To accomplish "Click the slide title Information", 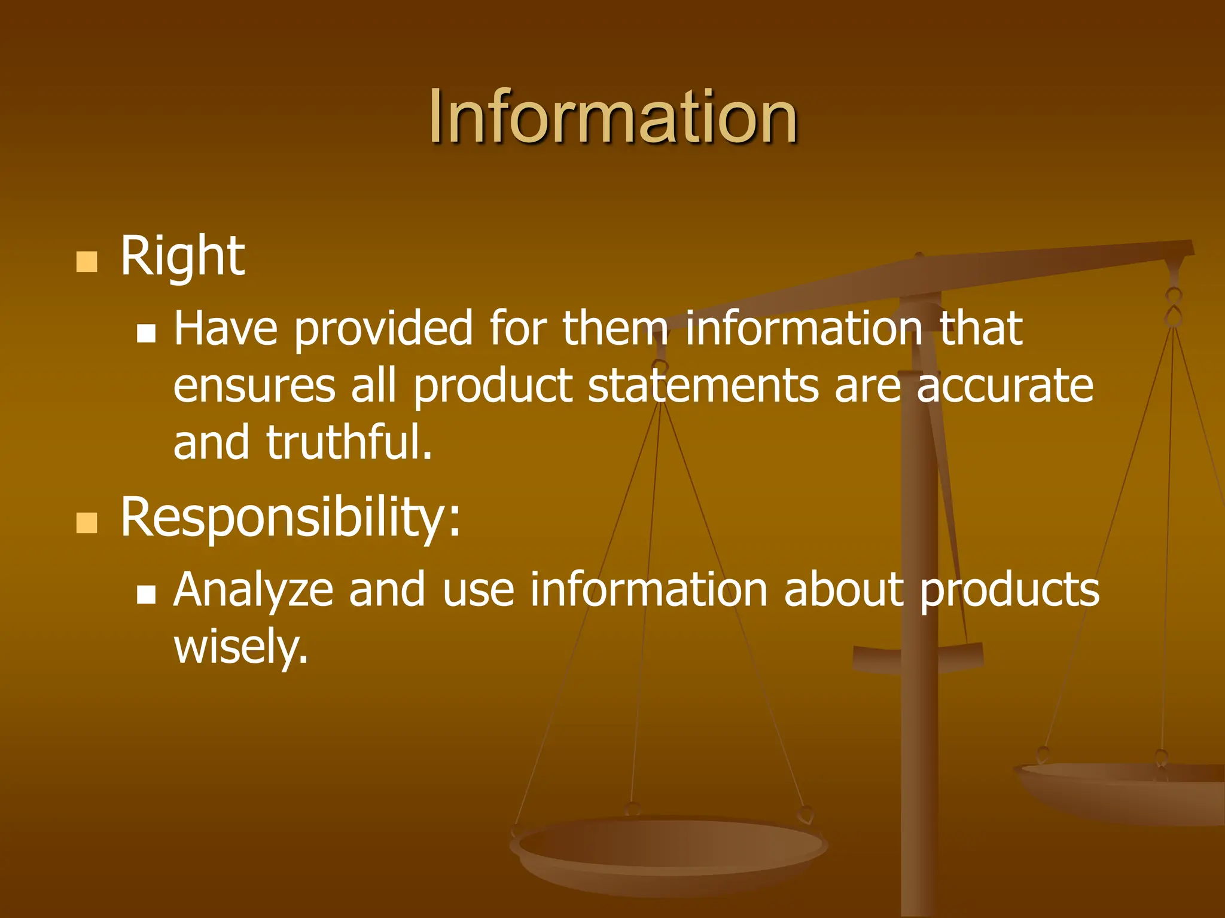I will (612, 116).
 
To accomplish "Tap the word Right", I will (182, 257).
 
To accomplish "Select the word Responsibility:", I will (291, 518).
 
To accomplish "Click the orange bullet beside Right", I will (87, 262).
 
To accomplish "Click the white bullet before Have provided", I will (146, 333).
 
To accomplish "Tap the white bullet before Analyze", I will (146, 594).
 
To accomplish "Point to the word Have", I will (226, 328).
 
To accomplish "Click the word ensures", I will (254, 386).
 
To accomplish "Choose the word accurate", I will (1005, 386).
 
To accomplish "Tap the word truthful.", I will (349, 442).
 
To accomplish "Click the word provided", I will (383, 328).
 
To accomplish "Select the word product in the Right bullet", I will (493, 386).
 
